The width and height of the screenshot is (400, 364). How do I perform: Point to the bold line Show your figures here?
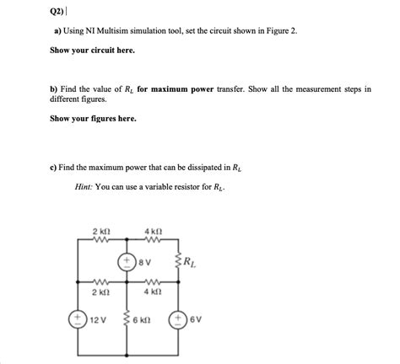tap(91, 118)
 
